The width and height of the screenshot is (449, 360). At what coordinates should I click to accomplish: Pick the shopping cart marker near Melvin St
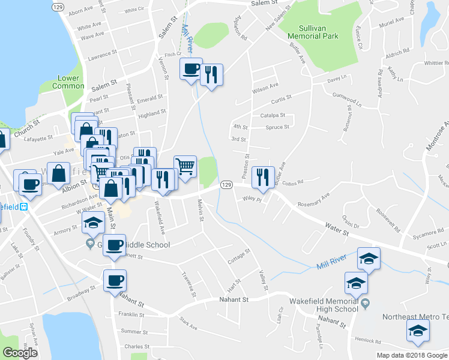click(185, 166)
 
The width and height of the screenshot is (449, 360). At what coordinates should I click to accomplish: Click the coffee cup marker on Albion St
click(30, 184)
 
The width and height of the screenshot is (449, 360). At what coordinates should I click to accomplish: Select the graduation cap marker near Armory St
click(92, 223)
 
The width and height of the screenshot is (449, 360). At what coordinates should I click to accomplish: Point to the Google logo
click(20, 353)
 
